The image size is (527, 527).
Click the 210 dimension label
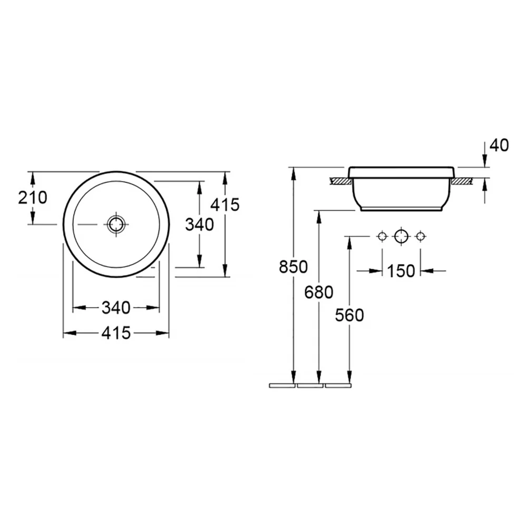coord(33,198)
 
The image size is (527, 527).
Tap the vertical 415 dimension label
coord(225,204)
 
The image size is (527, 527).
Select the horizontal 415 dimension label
coord(116,333)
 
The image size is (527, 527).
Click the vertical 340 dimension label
coord(199,225)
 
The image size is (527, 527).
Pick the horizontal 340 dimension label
coord(116,308)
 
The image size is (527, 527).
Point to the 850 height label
coord(294,267)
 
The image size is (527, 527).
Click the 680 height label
coord(319,292)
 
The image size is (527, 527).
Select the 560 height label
coord(349,315)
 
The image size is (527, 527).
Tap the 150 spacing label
coord(401,271)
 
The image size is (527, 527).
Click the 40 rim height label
coord(499,145)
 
